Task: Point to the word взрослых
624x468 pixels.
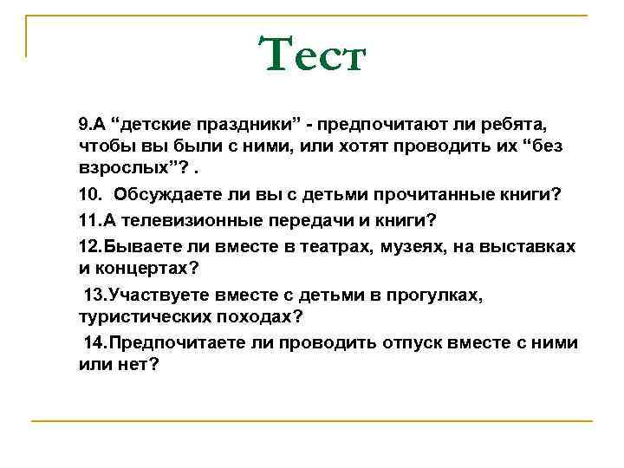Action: (x=117, y=167)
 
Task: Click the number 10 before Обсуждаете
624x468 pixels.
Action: (x=88, y=194)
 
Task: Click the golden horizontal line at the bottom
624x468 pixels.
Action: (x=312, y=421)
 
